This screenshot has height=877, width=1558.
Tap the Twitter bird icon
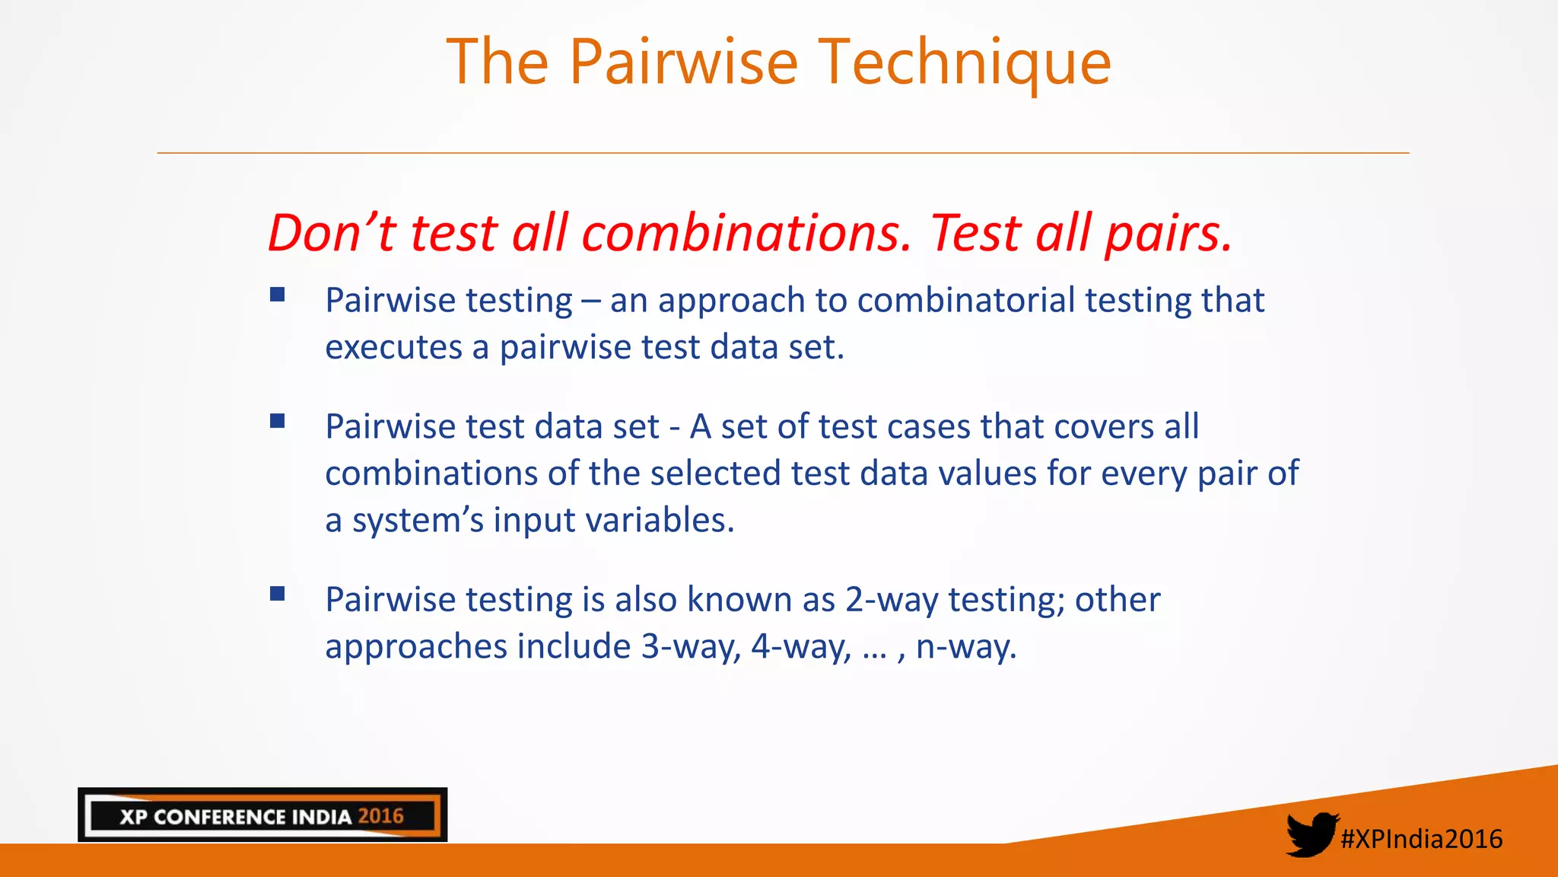point(1311,834)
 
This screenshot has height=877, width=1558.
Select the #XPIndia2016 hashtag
point(1421,839)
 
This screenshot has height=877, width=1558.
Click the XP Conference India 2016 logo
point(262,815)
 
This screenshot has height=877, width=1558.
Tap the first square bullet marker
point(278,295)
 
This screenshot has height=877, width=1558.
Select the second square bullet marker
point(278,421)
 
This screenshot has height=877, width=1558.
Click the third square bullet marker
point(278,594)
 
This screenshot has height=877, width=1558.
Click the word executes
point(393,348)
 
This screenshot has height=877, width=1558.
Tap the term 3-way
point(690,647)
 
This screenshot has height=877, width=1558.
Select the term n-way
point(965,647)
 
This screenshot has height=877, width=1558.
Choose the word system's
point(418,521)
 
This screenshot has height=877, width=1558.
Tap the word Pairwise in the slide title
point(683,62)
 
